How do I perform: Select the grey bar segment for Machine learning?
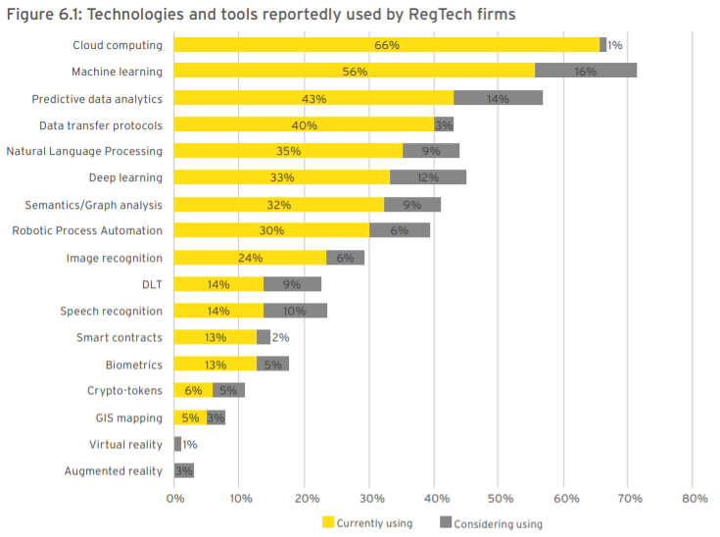point(586,72)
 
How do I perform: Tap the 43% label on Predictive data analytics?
point(313,99)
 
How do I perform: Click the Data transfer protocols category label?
point(101,125)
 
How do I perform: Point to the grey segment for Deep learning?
point(428,177)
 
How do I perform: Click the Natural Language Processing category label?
point(84,151)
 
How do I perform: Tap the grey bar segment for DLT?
point(292,284)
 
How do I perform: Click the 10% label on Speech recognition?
point(295,311)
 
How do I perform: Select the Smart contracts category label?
point(120,337)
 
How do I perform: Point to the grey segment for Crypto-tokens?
point(228,391)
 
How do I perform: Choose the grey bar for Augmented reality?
point(184,470)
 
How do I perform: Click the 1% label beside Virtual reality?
point(191,444)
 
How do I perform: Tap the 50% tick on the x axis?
point(499,499)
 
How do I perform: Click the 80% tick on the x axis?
point(693,499)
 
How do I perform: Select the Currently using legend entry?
point(367,523)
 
